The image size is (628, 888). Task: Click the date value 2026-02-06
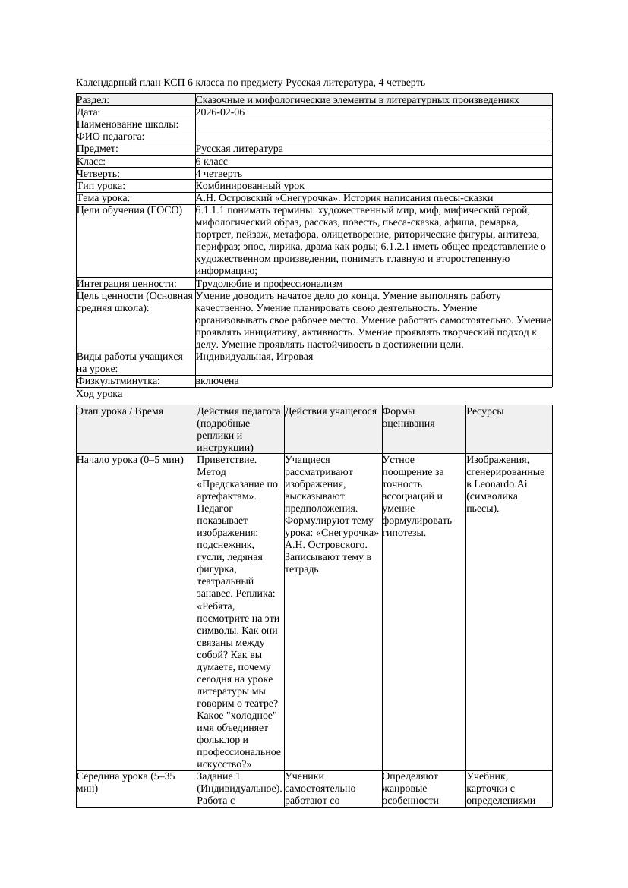[220, 112]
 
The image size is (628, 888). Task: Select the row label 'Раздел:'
[93, 100]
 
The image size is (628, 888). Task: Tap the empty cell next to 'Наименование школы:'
[373, 124]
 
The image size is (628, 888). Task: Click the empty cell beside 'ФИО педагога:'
[373, 137]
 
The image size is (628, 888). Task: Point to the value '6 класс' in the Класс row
[212, 162]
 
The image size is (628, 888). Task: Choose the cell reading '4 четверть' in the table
[219, 174]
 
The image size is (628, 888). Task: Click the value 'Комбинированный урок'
[250, 186]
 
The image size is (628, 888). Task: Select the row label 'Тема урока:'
[103, 198]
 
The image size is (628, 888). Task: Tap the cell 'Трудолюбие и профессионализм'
[269, 284]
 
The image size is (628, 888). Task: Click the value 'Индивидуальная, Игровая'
[254, 357]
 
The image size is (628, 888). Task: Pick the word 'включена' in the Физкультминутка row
[217, 381]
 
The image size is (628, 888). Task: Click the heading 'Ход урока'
[99, 394]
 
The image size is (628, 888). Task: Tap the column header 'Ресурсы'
[485, 411]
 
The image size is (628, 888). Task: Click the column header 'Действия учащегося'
[331, 411]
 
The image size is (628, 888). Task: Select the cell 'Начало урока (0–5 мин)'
[130, 460]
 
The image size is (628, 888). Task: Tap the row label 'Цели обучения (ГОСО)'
[129, 210]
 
